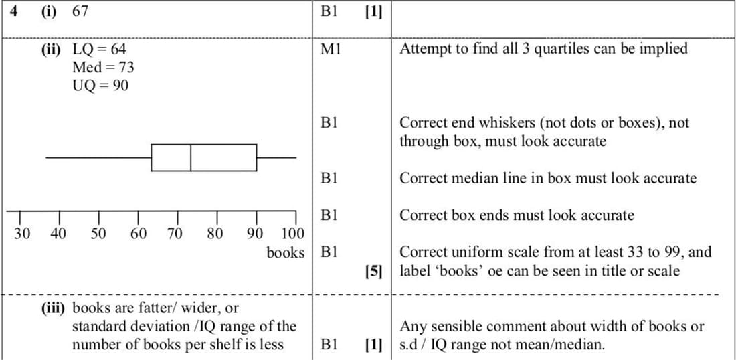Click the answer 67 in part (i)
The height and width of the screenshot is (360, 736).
coord(80,11)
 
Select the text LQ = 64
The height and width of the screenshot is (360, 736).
coord(98,49)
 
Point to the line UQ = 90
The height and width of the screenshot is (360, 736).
coord(100,85)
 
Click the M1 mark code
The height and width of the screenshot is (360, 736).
coord(331,49)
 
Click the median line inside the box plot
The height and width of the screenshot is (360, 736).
coord(191,157)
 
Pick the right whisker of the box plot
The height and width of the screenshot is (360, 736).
coord(276,157)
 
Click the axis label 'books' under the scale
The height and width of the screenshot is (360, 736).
coord(285,253)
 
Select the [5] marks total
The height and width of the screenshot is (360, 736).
coord(373,271)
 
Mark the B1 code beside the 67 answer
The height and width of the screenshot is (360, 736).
coord(329,11)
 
